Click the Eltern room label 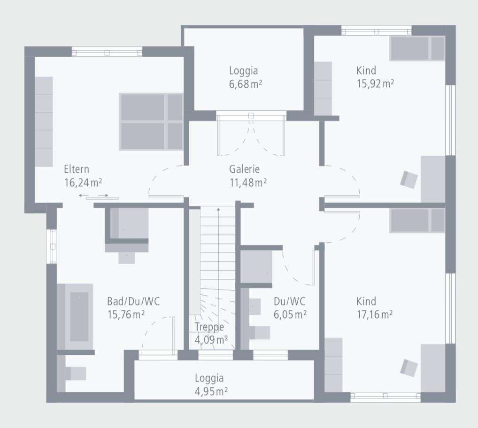[76, 169]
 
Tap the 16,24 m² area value [83, 182]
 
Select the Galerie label [244, 169]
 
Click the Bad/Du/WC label [133, 301]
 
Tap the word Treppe [209, 327]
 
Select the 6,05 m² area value [290, 314]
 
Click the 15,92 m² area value [375, 84]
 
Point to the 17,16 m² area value [374, 314]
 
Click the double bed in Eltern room [151, 122]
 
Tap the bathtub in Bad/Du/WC [79, 316]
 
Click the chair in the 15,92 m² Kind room [409, 180]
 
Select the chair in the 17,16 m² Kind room [409, 367]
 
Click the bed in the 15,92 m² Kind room [417, 48]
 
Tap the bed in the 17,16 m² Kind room [417, 220]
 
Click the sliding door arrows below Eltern [93, 195]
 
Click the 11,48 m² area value [248, 182]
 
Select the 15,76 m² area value [126, 314]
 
